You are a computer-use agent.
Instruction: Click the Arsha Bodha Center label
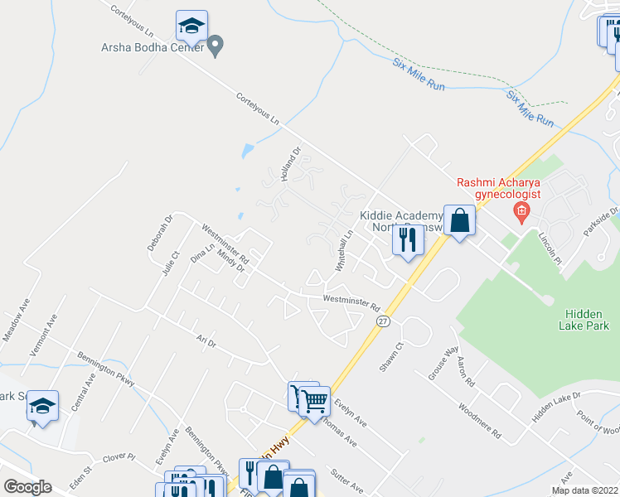153,48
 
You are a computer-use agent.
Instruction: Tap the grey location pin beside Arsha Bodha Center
216,45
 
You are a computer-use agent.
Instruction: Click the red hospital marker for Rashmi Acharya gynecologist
521,212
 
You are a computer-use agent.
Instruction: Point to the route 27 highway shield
382,321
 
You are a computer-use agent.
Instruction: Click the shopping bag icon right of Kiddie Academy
459,221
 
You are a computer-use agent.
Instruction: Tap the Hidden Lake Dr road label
557,408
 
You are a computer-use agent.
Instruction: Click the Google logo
27,487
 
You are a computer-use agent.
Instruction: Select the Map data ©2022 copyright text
584,490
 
